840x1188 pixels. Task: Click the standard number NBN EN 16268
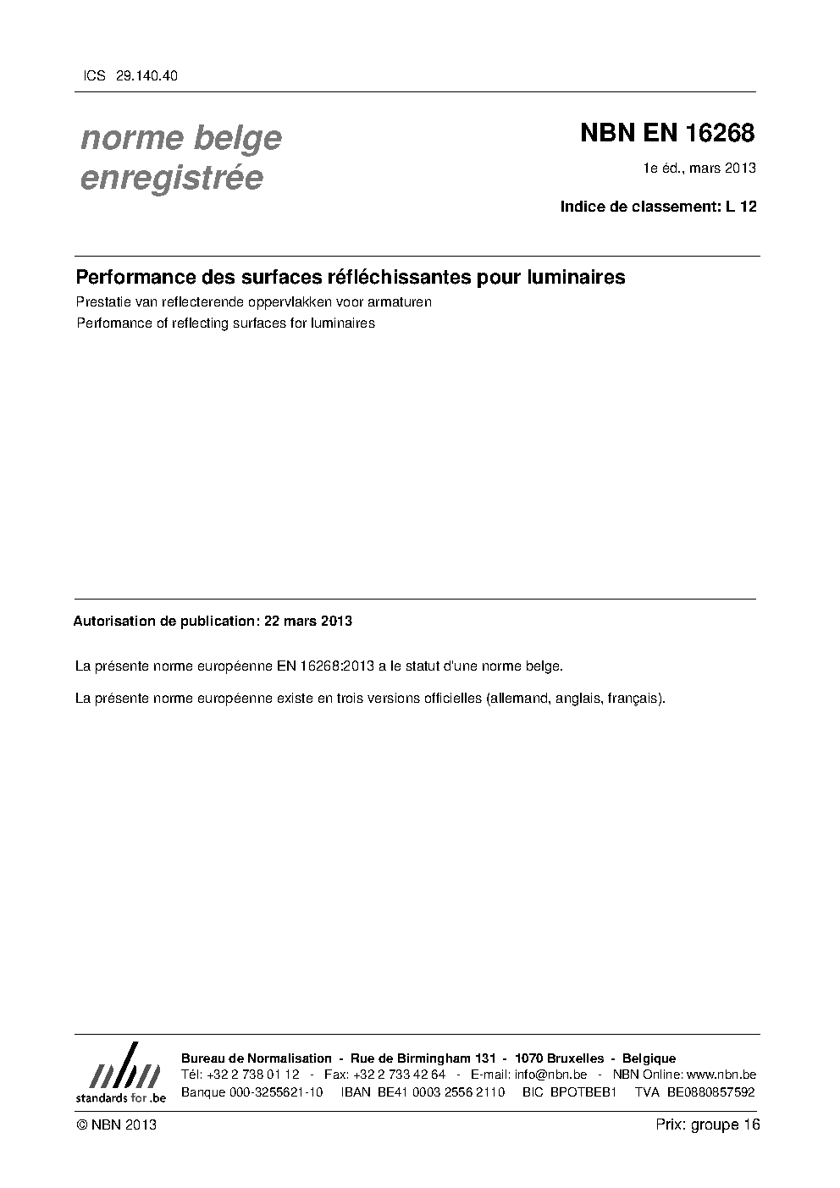(x=667, y=134)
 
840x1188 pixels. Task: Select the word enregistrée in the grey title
(x=171, y=179)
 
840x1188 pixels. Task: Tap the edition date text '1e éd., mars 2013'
(x=699, y=169)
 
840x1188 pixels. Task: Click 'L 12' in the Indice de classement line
(x=741, y=206)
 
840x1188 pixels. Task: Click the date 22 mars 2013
(x=308, y=621)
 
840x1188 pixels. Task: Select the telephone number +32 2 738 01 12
(x=252, y=1075)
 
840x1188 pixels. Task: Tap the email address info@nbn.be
(x=550, y=1075)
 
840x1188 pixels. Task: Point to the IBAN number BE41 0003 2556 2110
(x=440, y=1091)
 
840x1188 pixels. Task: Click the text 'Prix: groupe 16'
(x=708, y=1124)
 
